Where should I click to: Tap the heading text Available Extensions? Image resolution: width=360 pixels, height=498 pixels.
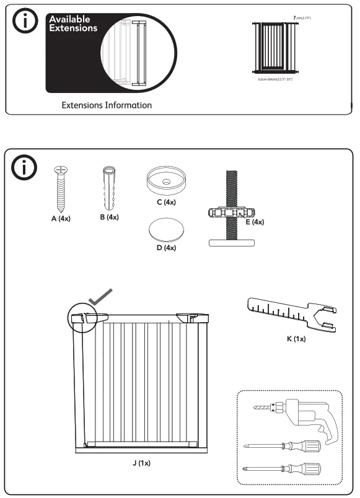pos(73,24)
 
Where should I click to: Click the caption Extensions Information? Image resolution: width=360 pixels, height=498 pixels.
pos(107,105)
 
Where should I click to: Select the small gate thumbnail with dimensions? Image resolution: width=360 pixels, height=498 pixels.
pos(270,48)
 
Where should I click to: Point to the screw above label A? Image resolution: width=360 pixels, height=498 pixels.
pos(61,188)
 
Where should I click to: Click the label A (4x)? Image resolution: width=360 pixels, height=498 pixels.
pos(61,219)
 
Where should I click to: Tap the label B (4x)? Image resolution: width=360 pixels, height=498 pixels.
pos(109,217)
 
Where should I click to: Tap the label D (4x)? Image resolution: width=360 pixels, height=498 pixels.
pos(166,248)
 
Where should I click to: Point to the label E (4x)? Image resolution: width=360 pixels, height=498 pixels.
pos(255,222)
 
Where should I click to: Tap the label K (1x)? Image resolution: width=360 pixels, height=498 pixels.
pos(296,339)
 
